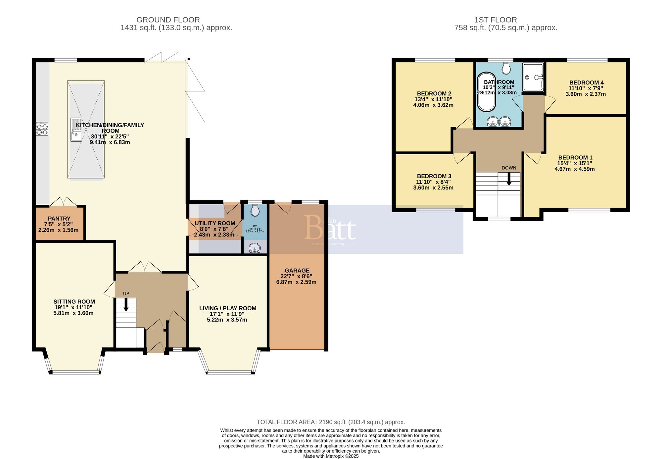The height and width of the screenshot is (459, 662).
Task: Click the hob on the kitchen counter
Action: coord(42,129)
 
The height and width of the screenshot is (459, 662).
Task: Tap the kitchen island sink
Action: coord(76,130)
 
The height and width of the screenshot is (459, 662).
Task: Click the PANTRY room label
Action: coord(59,219)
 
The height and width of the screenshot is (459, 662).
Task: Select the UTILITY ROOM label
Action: coord(215,223)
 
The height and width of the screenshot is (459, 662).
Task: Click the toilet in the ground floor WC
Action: coord(255,210)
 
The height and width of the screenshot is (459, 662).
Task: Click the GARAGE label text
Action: coord(297,271)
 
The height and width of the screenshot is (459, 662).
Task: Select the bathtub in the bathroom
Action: coord(486,92)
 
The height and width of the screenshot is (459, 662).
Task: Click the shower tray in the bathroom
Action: coord(533,77)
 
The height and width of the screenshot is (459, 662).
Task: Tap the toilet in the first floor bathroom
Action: coord(506,69)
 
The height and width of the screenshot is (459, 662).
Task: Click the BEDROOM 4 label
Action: coord(586,82)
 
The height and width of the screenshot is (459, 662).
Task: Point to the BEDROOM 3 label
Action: coord(434,176)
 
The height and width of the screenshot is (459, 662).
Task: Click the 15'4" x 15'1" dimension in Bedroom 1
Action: coord(575,163)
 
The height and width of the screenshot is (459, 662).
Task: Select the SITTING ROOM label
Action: coord(74,302)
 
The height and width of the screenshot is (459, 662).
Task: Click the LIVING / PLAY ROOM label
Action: coord(228,308)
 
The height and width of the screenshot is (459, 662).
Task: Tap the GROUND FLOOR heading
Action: coord(168,20)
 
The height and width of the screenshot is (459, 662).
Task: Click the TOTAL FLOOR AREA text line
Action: coord(331,422)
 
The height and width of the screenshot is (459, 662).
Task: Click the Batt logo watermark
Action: coord(330,228)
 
